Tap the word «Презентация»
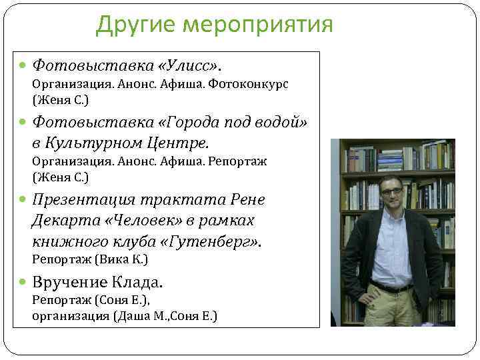[83, 200]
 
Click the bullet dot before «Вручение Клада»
[24, 283]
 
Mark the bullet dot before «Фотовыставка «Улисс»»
[24, 66]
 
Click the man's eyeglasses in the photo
[391, 191]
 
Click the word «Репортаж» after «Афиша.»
[236, 161]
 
